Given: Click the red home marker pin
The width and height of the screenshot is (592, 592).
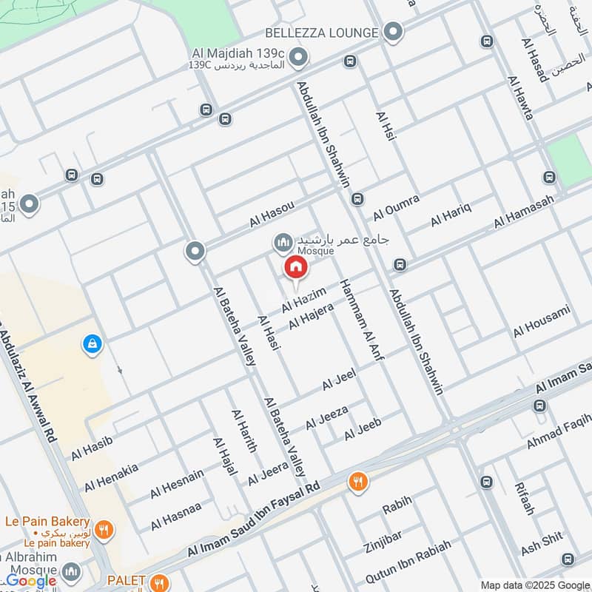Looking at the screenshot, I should click(295, 268).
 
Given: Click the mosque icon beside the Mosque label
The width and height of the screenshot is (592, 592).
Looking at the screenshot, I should click(282, 242).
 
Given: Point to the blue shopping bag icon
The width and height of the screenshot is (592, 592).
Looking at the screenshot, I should click(92, 344).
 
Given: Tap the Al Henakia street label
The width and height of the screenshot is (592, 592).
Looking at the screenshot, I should click(111, 477).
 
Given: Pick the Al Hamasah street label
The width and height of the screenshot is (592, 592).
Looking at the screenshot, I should click(523, 212).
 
